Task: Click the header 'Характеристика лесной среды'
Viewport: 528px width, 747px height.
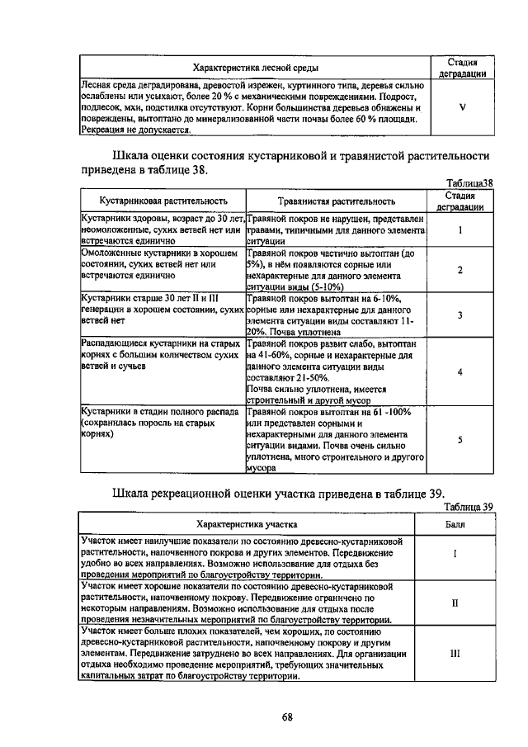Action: pyautogui.click(x=256, y=68)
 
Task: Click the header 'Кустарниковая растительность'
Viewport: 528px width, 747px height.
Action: pyautogui.click(x=163, y=201)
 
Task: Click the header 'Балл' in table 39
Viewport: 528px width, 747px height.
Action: pyautogui.click(x=455, y=524)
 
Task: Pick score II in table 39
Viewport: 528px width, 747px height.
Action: pyautogui.click(x=455, y=603)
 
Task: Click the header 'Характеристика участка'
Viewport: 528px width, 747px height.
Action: pyautogui.click(x=247, y=524)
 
